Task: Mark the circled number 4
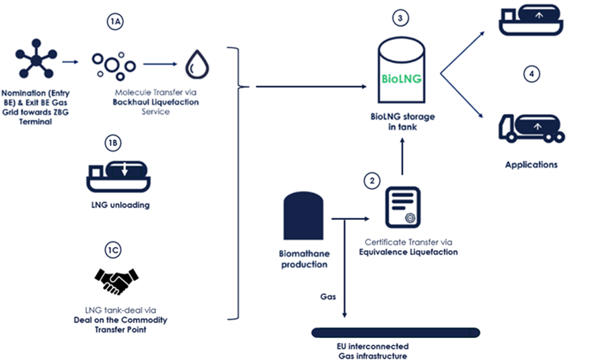coord(530,73)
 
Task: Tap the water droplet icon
coord(197,66)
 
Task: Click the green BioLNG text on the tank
coord(401,78)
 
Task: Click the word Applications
coord(531,165)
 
